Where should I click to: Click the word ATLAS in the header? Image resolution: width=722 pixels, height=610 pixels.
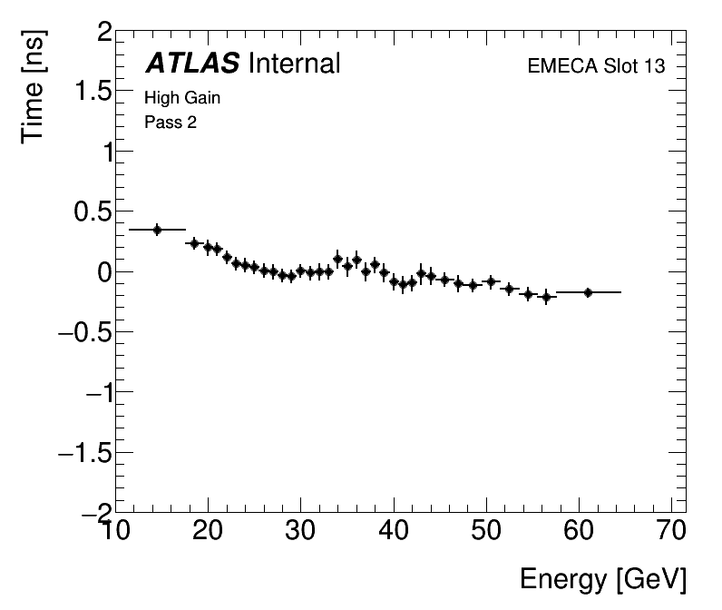pos(192,64)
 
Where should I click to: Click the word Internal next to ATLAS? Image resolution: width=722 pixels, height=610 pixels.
pos(293,64)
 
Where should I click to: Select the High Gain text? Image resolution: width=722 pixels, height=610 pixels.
pos(182,98)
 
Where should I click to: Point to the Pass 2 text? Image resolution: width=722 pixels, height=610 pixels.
pos(171,123)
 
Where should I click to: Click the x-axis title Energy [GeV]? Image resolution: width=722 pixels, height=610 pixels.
pos(602,579)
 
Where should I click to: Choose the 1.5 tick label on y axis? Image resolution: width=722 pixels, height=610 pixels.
pos(91,93)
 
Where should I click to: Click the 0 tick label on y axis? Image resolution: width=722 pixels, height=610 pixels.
pos(103,272)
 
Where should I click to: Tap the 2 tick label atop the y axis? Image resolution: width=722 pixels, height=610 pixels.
pos(103,34)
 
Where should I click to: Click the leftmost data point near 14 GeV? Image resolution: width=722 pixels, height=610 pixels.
pos(157,230)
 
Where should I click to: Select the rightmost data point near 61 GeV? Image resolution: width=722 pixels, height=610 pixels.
pos(588,292)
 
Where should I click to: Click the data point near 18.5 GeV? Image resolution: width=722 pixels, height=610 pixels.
pos(193,243)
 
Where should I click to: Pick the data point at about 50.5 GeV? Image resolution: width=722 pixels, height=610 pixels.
pos(491,281)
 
